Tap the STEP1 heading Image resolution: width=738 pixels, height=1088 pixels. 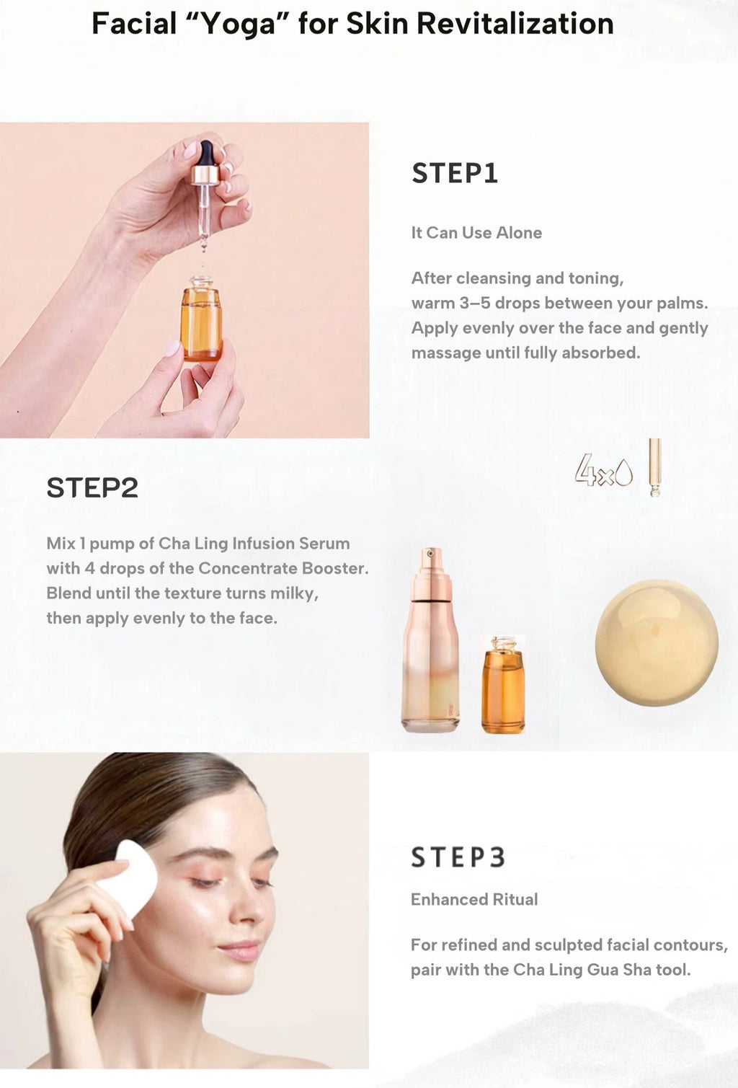(455, 173)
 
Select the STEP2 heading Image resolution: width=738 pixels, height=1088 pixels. (92, 487)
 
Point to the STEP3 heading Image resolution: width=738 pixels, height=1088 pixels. (458, 857)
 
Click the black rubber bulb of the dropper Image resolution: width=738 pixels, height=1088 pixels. (207, 153)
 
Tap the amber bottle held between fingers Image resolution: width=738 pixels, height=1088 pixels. (202, 318)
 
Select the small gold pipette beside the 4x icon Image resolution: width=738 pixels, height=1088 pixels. (655, 467)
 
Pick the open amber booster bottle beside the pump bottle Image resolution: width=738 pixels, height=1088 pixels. (503, 684)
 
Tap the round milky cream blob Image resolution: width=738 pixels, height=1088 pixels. (657, 642)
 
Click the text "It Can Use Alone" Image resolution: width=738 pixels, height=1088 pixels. (476, 233)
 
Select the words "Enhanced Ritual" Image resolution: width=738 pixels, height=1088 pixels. (474, 900)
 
